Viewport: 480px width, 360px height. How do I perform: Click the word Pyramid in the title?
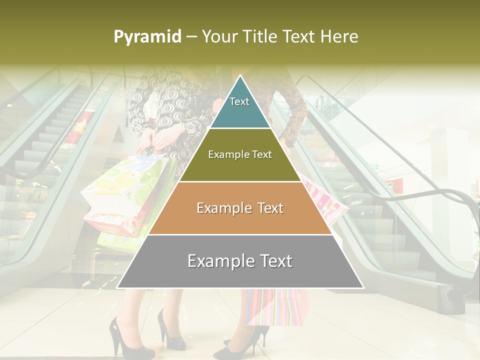pyautogui.click(x=147, y=37)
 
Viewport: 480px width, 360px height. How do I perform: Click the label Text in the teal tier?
pyautogui.click(x=239, y=101)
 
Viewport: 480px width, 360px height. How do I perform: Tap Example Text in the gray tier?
pyautogui.click(x=240, y=261)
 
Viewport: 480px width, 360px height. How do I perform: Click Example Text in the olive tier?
pyautogui.click(x=240, y=154)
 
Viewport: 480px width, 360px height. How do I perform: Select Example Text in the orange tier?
pyautogui.click(x=240, y=208)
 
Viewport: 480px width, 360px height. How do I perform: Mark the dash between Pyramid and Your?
pyautogui.click(x=191, y=37)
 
